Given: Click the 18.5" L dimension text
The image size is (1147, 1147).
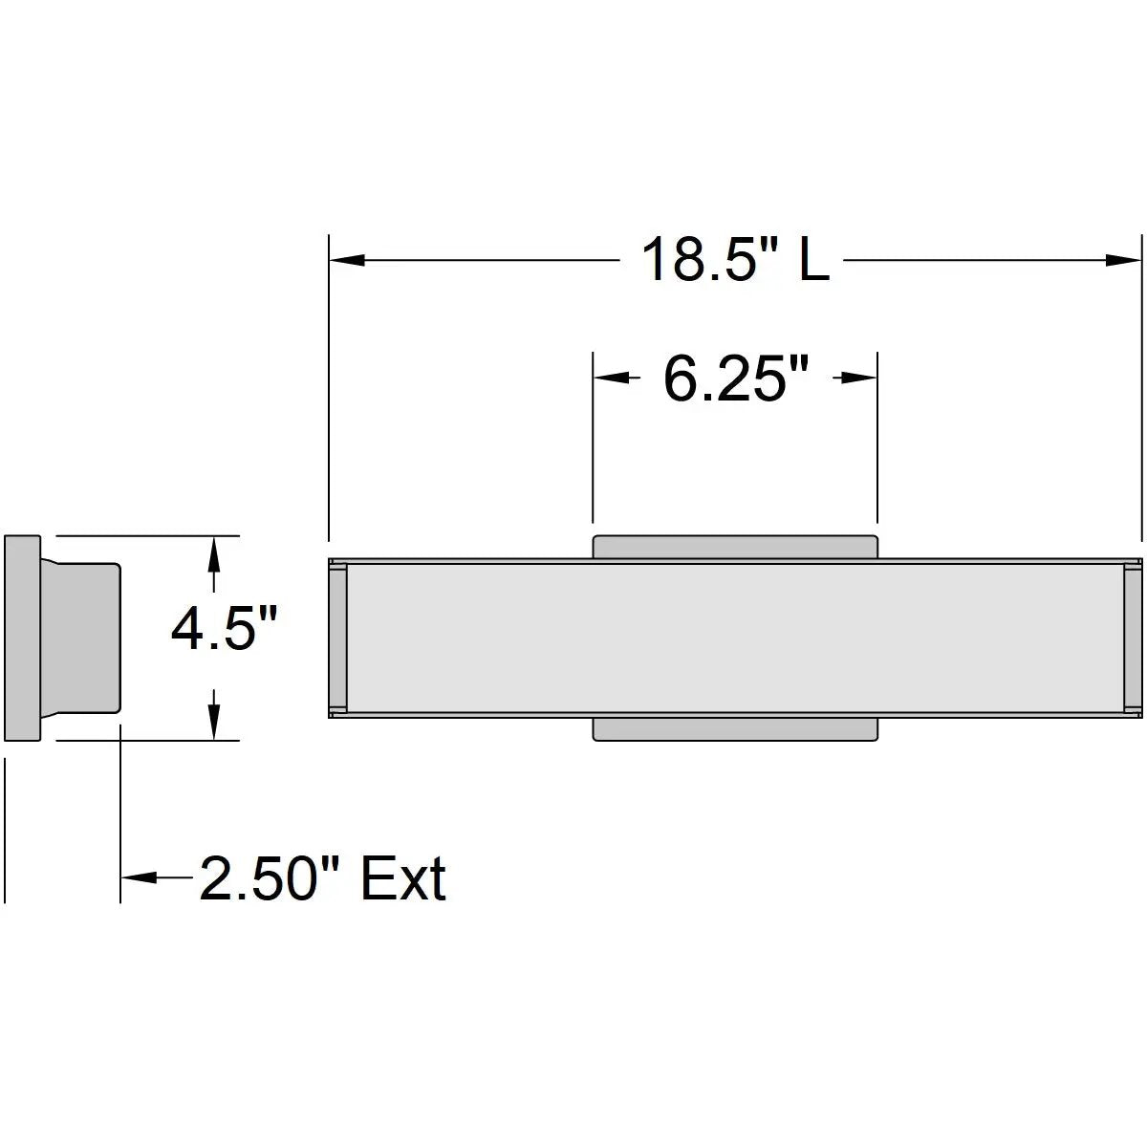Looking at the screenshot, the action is (x=736, y=260).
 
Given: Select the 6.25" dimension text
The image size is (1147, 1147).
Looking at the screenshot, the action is (x=736, y=379).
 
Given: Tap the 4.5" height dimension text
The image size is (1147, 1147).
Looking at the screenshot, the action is (x=224, y=629).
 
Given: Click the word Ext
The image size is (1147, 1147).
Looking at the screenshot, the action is (x=403, y=878).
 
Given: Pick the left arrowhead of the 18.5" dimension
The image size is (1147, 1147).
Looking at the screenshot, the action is (x=347, y=260).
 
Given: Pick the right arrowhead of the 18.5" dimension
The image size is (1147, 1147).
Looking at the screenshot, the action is (x=1124, y=260).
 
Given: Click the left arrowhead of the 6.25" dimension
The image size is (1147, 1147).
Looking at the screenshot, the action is (x=612, y=378).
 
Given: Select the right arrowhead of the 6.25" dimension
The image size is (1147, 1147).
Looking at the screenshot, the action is (x=859, y=378).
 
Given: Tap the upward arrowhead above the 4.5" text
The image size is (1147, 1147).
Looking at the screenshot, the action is (x=214, y=554).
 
